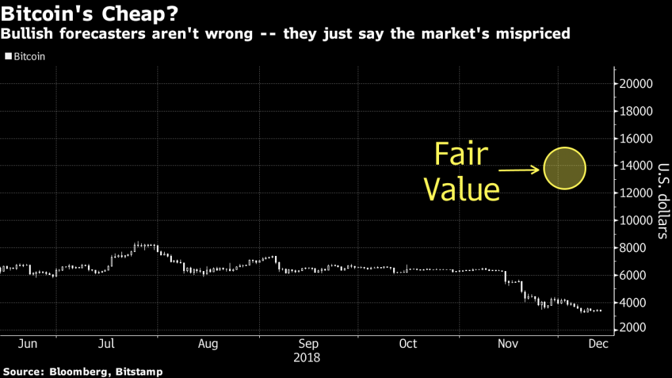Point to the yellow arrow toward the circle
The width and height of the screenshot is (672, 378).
click(521, 171)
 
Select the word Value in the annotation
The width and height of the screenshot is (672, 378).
click(461, 189)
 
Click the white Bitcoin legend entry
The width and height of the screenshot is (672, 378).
click(25, 56)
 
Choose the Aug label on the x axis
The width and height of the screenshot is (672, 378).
click(208, 344)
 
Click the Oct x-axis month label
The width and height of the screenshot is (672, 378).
click(408, 344)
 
